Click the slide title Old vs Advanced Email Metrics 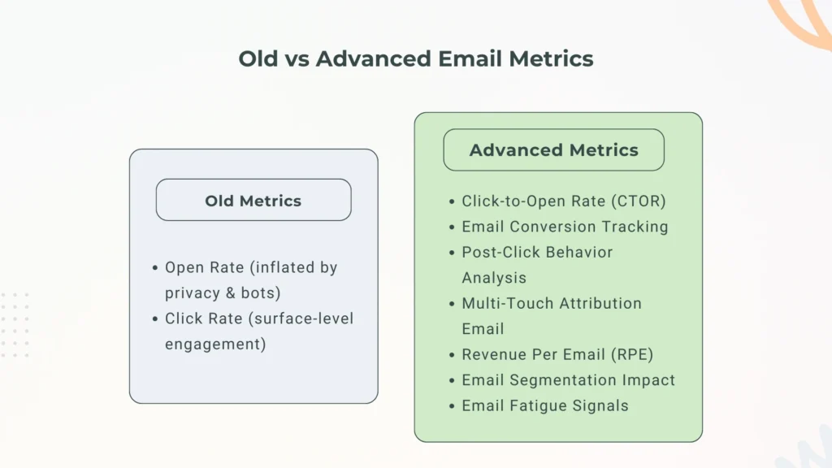click(415, 59)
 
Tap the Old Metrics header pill click(253, 201)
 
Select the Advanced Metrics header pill click(553, 150)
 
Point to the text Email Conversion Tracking click(565, 227)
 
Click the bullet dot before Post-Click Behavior click(452, 253)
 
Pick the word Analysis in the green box click(494, 278)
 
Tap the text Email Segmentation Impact click(568, 379)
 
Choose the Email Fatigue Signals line click(544, 405)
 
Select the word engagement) click(215, 344)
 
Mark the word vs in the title click(297, 59)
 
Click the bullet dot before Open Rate click(155, 268)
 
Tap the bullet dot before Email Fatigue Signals click(452, 405)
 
